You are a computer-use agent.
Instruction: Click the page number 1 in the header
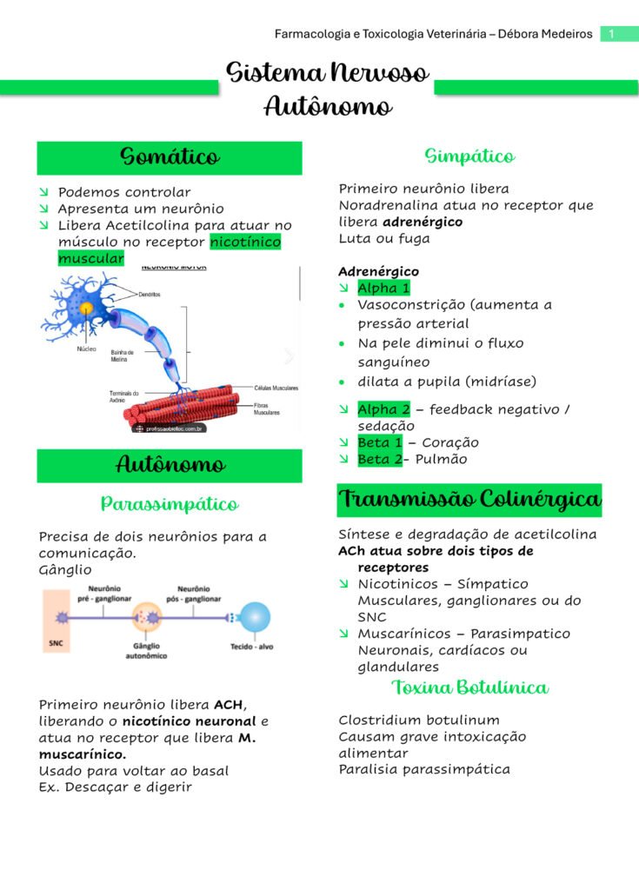click(612, 34)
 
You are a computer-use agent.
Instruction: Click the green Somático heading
click(170, 157)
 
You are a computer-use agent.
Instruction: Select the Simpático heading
click(469, 156)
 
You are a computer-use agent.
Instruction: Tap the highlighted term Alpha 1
click(383, 288)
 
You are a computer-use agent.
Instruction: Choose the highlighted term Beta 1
click(380, 442)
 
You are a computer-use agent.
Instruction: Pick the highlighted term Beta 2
click(380, 459)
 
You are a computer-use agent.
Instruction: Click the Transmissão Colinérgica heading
click(469, 500)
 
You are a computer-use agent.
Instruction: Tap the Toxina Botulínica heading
click(469, 687)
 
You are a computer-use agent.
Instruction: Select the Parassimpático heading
click(170, 504)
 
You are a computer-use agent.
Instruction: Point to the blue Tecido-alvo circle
click(255, 619)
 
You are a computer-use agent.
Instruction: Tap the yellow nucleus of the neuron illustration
click(86, 308)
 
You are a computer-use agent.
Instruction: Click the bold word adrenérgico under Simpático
click(423, 222)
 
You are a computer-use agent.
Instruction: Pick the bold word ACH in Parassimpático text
click(230, 704)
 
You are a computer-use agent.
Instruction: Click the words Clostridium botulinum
click(419, 720)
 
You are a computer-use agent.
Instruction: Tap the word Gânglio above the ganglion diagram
click(65, 570)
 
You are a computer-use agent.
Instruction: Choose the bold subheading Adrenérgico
click(378, 271)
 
